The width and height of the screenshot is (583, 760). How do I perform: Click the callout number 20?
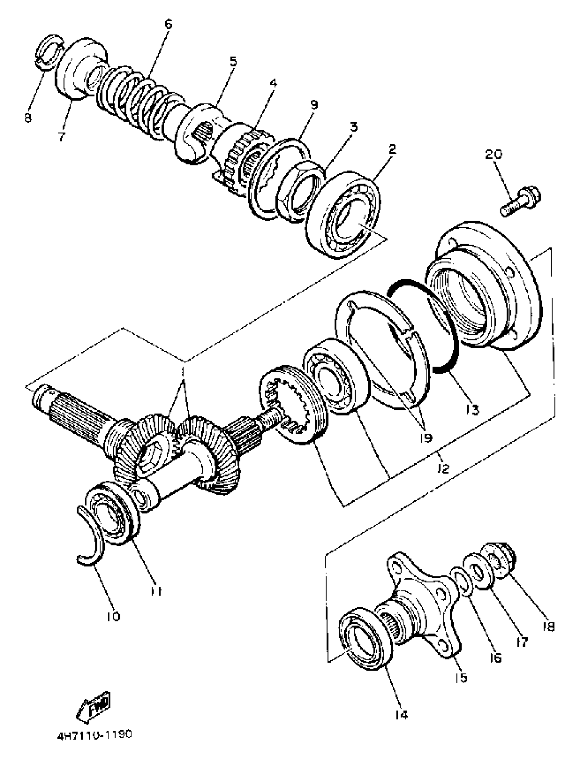tap(493, 155)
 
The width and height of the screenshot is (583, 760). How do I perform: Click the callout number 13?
tap(473, 410)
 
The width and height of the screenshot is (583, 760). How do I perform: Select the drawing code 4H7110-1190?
tap(94, 735)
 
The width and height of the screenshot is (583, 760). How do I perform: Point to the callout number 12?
tap(443, 468)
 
